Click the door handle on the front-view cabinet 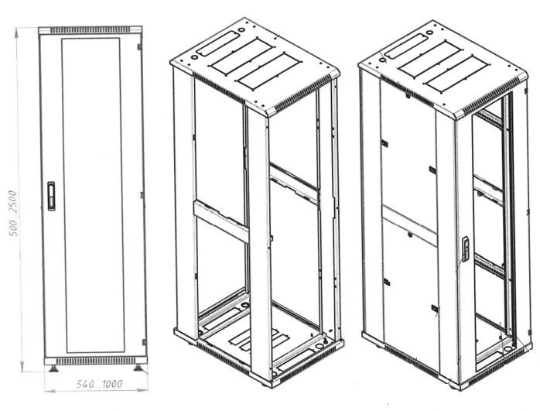(x=52, y=195)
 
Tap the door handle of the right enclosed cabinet (x=466, y=247)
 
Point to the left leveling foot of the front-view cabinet (x=52, y=368)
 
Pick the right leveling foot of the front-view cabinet (x=138, y=368)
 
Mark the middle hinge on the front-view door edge (x=144, y=197)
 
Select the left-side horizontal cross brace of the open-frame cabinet (x=220, y=221)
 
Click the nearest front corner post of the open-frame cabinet (x=259, y=248)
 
